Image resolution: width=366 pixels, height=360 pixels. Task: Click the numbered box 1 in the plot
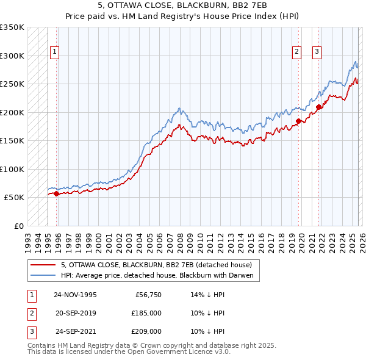click(x=55, y=52)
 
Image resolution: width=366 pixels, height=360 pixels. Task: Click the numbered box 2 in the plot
click(x=296, y=52)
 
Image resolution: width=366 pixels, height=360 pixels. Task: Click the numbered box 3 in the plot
click(x=317, y=52)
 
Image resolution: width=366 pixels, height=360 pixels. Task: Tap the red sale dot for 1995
click(x=57, y=193)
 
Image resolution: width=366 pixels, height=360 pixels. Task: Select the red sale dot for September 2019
click(x=298, y=121)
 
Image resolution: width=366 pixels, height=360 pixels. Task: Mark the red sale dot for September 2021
click(x=318, y=107)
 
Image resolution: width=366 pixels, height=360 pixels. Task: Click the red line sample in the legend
click(x=43, y=265)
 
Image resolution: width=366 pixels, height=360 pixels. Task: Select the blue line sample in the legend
click(x=43, y=275)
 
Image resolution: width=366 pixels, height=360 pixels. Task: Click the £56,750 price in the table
click(x=148, y=294)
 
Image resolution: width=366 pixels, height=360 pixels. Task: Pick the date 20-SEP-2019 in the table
click(x=75, y=313)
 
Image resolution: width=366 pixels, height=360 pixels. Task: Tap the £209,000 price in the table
click(x=146, y=332)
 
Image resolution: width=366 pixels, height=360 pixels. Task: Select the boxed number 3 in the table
click(x=31, y=332)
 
